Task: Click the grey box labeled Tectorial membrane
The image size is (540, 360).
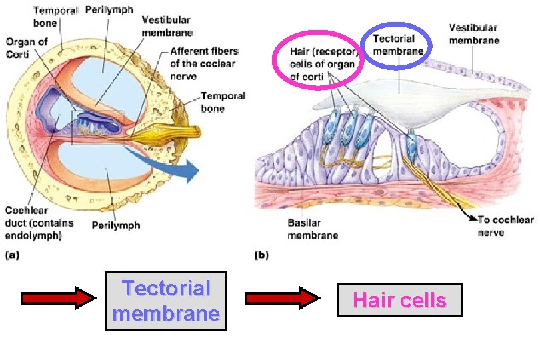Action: (x=166, y=301)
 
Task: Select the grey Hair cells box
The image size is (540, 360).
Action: (x=399, y=300)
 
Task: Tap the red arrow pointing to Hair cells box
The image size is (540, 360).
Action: (x=283, y=298)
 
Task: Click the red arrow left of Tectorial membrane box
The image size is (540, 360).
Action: (x=59, y=298)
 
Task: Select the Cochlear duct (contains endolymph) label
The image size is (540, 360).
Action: (x=39, y=223)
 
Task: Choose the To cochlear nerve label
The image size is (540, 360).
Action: (x=505, y=226)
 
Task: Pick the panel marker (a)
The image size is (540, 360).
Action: (x=13, y=255)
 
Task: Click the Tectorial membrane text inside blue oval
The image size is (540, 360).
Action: (x=398, y=45)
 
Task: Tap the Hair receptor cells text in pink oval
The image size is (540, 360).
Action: (x=324, y=65)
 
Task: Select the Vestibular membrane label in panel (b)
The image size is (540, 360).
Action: (x=473, y=34)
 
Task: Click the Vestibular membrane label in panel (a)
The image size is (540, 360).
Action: (x=168, y=27)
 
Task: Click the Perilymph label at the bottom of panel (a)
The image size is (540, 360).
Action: (x=116, y=225)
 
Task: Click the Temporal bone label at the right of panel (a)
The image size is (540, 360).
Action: (x=223, y=101)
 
